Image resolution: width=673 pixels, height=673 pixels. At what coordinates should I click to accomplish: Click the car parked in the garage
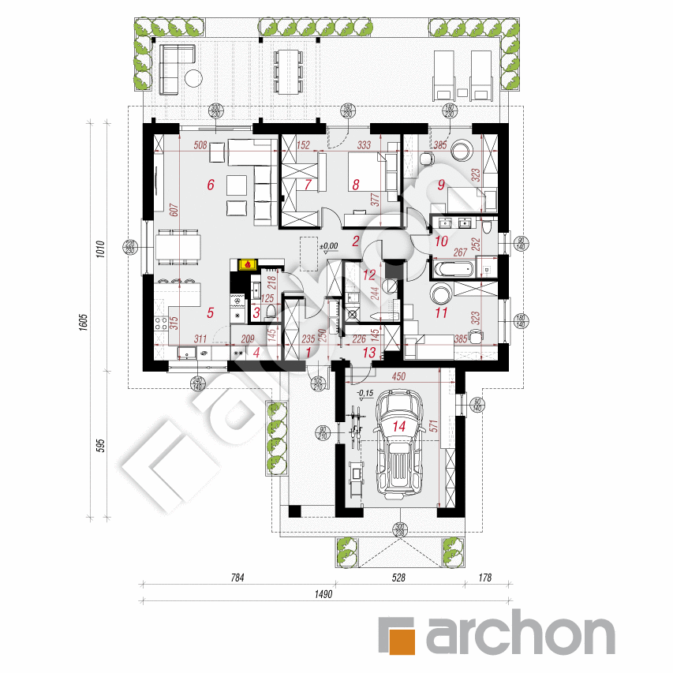[x=401, y=447]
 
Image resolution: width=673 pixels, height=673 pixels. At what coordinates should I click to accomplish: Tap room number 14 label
[x=399, y=426]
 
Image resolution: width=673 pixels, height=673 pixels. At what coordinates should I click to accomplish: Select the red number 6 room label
[x=210, y=185]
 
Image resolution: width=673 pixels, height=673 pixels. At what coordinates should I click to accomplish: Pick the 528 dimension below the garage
[x=398, y=578]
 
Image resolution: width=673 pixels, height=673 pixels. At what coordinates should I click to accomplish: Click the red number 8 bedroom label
[x=356, y=185]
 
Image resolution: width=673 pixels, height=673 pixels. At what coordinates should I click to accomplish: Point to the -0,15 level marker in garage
[x=364, y=393]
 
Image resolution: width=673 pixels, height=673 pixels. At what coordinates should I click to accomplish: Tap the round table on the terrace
[x=194, y=78]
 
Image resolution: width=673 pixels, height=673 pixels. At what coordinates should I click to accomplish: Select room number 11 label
[x=441, y=313]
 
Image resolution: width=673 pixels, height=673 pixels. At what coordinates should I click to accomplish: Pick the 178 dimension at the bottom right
[x=484, y=578]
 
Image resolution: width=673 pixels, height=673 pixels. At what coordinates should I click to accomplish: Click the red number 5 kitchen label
[x=210, y=313]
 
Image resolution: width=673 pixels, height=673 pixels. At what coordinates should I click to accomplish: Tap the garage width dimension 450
[x=398, y=378]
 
